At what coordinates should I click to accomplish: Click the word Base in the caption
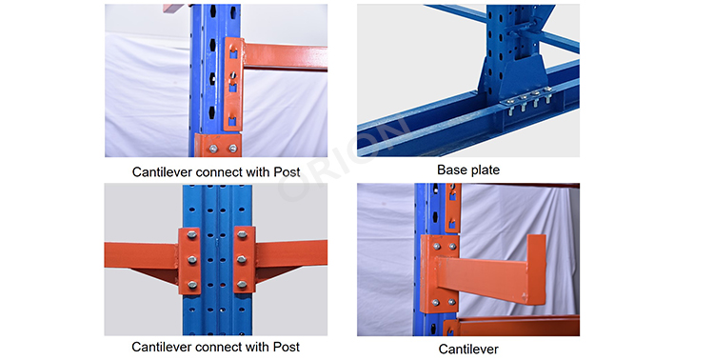450,170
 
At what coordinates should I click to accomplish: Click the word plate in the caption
483,170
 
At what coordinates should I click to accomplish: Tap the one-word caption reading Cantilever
468,350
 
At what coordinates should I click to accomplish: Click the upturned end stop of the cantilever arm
536,269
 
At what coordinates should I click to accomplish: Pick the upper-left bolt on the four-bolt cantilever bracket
436,247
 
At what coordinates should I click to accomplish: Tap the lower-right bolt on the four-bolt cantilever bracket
451,302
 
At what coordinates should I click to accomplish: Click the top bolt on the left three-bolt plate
191,235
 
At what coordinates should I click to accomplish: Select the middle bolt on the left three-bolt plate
191,260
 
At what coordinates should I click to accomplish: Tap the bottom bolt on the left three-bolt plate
191,285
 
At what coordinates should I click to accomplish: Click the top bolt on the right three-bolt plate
242,235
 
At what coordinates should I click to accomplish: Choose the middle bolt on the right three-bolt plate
242,259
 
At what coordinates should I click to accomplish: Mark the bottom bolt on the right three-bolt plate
242,285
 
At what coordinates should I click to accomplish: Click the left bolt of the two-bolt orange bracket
213,149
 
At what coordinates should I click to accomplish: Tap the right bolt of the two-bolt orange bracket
232,149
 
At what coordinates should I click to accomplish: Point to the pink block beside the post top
174,8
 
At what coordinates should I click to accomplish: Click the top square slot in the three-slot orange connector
233,54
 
